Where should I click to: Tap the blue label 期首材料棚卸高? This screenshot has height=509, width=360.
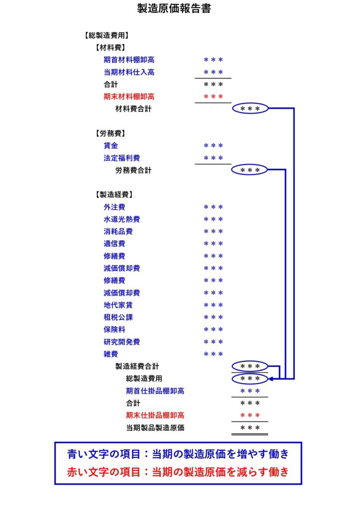point(129,60)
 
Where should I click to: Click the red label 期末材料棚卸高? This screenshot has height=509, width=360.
point(129,96)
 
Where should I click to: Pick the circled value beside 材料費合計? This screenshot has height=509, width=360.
point(250,109)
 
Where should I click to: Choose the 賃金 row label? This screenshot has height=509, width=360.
point(111,146)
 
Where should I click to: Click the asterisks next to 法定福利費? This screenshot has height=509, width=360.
point(213,158)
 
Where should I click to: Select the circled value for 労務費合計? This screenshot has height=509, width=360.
point(250,170)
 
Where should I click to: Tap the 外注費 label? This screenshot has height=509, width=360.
point(114,207)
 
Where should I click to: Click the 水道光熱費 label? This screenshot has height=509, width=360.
point(122,219)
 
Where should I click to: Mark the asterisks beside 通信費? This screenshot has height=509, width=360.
point(213,244)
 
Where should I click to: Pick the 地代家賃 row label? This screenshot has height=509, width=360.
point(118,305)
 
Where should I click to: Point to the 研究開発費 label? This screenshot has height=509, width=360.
point(122,341)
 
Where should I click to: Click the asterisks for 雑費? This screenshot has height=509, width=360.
point(213,354)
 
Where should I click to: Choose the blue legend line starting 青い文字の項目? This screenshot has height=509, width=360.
point(178,454)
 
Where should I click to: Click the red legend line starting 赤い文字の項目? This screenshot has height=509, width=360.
point(178,472)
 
